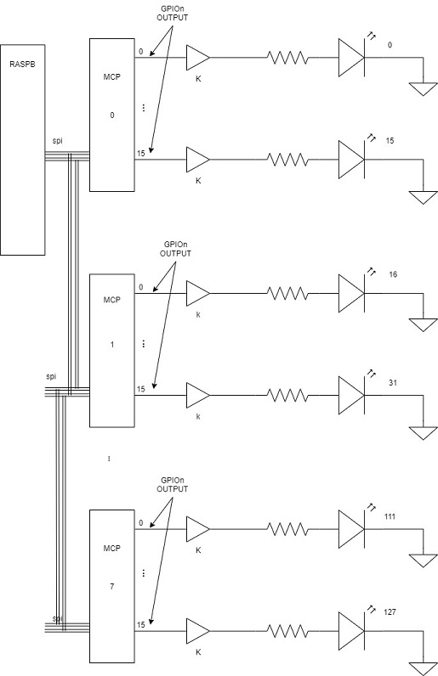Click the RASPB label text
tap(22, 65)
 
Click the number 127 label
tap(390, 611)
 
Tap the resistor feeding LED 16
tap(287, 293)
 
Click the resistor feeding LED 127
tap(287, 631)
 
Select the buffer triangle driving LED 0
tap(198, 58)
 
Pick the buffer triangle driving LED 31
tap(198, 395)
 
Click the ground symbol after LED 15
tap(424, 198)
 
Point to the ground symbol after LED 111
tap(424, 561)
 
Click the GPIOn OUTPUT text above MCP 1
tap(175, 249)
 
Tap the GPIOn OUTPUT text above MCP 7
tap(173, 485)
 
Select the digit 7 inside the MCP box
tap(112, 586)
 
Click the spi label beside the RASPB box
tap(58, 140)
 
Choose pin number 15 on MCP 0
tap(141, 153)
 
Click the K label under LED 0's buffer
tap(198, 79)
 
